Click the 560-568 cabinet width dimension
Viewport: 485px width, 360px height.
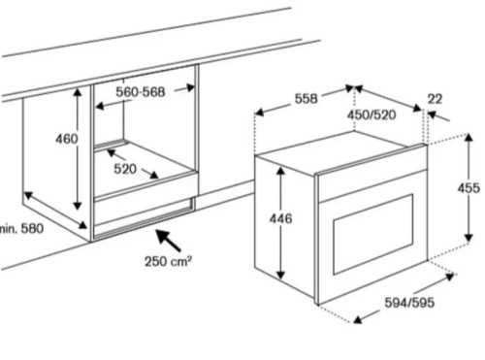coord(141,92)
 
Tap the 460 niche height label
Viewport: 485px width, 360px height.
coord(67,139)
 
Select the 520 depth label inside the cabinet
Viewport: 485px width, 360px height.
coord(125,169)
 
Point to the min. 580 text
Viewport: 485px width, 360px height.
coord(21,229)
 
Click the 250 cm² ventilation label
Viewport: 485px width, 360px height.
coord(168,261)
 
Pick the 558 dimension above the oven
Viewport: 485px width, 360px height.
coord(306,98)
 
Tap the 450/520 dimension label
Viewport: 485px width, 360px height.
coord(372,115)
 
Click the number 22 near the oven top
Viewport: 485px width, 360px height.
coord(435,99)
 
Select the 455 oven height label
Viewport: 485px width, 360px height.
coord(469,187)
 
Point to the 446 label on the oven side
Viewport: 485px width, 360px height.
coord(280,219)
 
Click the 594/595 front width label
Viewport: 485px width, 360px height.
coord(409,303)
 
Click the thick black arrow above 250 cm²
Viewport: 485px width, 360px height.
coord(169,241)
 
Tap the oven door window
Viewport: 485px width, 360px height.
coord(373,235)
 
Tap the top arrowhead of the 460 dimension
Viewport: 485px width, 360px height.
coord(78,92)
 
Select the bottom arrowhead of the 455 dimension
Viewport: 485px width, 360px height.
coord(469,238)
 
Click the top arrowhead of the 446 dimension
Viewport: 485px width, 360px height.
coord(280,171)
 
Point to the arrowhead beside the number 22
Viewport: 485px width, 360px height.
coord(433,115)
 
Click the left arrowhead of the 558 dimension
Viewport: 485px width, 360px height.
coord(260,113)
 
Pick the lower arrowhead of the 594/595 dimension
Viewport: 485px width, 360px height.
coord(358,319)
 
